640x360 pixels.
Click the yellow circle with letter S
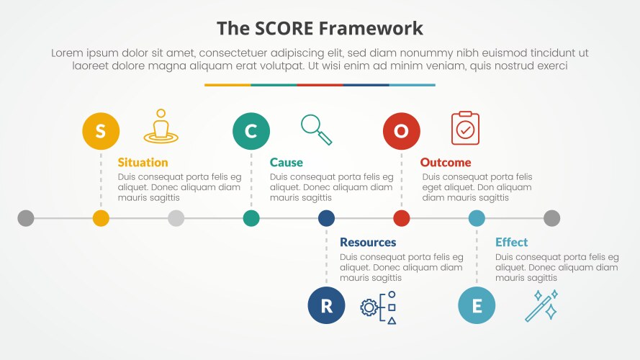pos(101,131)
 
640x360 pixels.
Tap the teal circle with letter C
pos(251,131)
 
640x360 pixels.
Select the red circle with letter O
pos(401,131)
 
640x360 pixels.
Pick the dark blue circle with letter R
pos(326,305)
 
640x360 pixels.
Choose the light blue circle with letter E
pos(477,305)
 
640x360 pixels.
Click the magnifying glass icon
pos(316,130)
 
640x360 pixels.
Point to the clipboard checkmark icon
pos(465,128)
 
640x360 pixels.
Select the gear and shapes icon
pos(379,307)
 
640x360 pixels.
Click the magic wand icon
pos(541,305)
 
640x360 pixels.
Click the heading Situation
pos(143,163)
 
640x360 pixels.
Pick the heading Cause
pos(287,163)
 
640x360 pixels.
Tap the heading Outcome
pos(446,163)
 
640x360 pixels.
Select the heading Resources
pos(368,243)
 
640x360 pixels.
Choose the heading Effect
pos(511,243)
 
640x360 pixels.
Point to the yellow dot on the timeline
pos(101,218)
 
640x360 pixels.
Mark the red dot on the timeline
pos(401,218)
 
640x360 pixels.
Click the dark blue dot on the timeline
pos(326,218)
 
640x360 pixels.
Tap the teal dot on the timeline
pos(251,218)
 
